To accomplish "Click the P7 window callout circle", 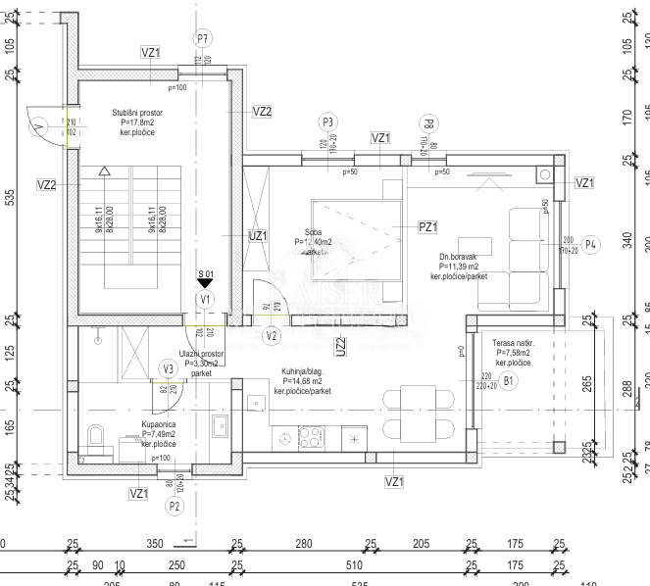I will [203, 39].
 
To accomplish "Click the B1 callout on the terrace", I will [508, 379].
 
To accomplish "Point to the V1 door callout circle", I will [204, 299].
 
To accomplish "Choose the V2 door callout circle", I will [273, 335].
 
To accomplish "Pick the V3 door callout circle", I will [169, 368].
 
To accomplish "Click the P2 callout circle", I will [175, 506].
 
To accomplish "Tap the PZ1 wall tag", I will [427, 227].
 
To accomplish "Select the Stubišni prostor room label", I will [137, 122].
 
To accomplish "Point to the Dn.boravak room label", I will [459, 267].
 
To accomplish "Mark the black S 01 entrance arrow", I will [204, 282].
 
